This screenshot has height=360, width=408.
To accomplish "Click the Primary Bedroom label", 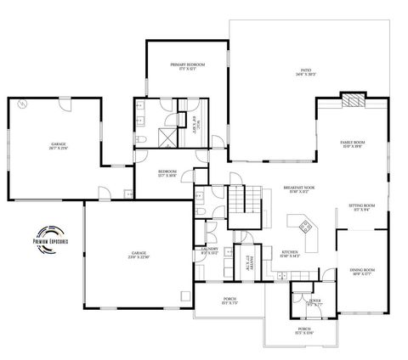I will click(x=189, y=66).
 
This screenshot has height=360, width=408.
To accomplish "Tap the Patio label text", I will click(x=305, y=72).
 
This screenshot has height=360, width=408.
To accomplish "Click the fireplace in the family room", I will click(x=353, y=100).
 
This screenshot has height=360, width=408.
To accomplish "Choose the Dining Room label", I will click(x=363, y=272).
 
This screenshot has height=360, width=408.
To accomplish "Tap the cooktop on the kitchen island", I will click(x=303, y=226).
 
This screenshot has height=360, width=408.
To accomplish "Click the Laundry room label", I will click(x=210, y=250).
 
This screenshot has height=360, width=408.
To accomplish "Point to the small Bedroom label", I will click(x=167, y=173).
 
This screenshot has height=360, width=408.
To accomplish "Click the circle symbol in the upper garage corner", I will click(x=21, y=104).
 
